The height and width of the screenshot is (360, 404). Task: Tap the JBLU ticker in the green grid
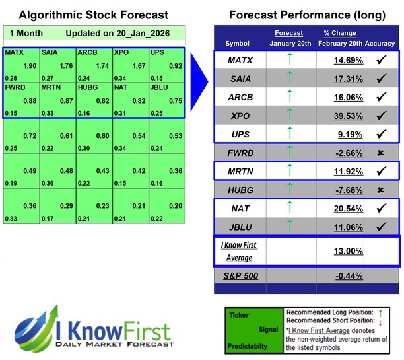(x=159, y=86)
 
